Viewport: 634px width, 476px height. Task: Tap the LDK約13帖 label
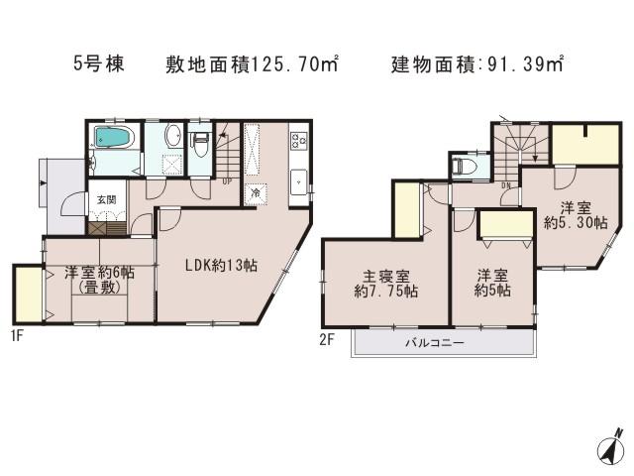(x=221, y=266)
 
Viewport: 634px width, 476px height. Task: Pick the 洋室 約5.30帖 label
(x=568, y=215)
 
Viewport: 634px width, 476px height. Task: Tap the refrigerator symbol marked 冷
(x=255, y=192)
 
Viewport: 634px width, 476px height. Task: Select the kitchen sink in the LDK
(x=299, y=181)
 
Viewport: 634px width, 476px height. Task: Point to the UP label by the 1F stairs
(x=228, y=181)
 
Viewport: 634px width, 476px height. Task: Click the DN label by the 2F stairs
(x=505, y=183)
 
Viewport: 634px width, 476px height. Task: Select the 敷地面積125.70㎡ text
(x=253, y=64)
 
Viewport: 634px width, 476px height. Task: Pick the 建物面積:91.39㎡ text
(x=477, y=64)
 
